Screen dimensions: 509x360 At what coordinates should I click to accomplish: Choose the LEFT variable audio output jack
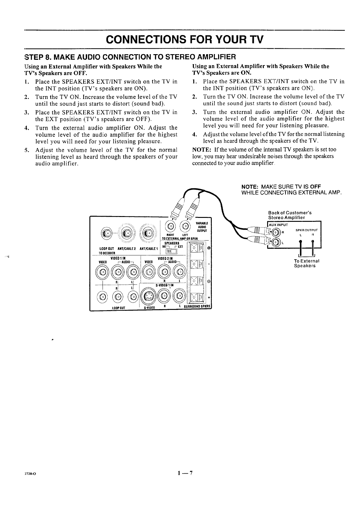[185, 226]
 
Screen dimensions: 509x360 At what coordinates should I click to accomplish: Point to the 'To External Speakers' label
[305, 263]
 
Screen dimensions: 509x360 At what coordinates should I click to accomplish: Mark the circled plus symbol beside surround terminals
[209, 248]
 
